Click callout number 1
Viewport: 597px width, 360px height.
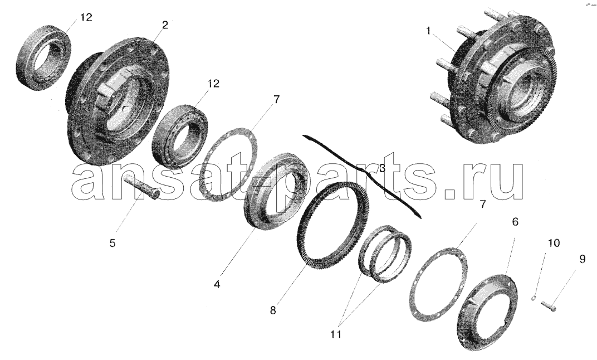(x=429, y=31)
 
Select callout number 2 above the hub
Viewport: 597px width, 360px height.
(x=165, y=25)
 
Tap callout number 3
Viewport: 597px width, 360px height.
(x=382, y=168)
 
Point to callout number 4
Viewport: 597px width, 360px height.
(x=217, y=284)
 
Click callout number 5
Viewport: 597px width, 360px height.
(x=112, y=243)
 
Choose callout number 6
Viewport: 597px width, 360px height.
(x=515, y=222)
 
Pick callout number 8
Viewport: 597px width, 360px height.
(x=273, y=310)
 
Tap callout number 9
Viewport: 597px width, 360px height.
(x=582, y=260)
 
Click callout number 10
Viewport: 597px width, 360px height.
(x=554, y=242)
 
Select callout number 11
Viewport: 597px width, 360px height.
(x=336, y=334)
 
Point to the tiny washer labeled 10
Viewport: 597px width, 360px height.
(x=534, y=298)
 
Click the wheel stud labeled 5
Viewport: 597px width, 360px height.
(x=145, y=186)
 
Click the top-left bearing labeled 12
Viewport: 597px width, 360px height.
(x=43, y=57)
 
